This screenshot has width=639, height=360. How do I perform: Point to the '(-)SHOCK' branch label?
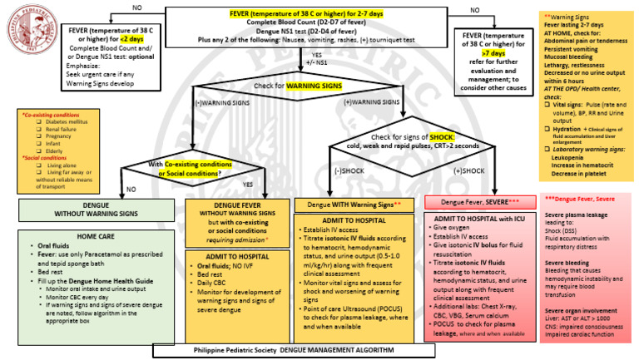point(349,170)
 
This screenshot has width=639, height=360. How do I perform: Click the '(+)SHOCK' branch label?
point(470,170)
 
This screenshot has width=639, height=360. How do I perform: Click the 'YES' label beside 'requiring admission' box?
point(247,184)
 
